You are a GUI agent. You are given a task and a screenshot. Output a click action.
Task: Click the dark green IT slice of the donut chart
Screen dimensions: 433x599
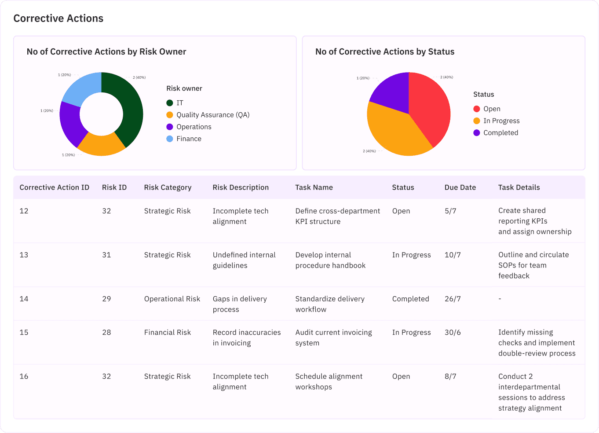(x=132, y=110)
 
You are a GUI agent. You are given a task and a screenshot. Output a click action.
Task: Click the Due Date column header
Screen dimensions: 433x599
(x=460, y=187)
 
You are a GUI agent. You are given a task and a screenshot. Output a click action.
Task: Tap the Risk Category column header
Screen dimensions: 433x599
(x=168, y=187)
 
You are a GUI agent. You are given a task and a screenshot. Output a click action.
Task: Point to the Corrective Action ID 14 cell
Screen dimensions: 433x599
(x=24, y=299)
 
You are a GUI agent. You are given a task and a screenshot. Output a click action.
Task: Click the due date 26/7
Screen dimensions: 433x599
(x=453, y=299)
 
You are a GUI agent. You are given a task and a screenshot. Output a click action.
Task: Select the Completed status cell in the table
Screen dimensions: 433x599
(x=410, y=299)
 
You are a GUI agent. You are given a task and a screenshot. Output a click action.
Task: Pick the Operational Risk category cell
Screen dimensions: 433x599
(x=172, y=299)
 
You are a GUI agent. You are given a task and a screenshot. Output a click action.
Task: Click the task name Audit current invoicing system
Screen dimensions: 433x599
(x=333, y=338)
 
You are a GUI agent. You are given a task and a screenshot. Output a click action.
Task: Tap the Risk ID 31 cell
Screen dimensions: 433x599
(x=106, y=255)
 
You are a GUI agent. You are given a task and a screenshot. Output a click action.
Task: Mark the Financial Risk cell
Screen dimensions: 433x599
(x=167, y=333)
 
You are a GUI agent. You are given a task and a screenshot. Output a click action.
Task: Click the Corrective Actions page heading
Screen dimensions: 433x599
(x=58, y=18)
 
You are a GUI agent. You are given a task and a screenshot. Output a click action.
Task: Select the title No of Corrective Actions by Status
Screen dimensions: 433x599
(x=385, y=52)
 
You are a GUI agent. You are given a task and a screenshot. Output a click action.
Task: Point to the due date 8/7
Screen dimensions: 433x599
(x=450, y=377)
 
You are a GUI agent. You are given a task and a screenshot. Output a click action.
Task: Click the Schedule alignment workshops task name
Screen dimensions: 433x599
(x=329, y=382)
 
